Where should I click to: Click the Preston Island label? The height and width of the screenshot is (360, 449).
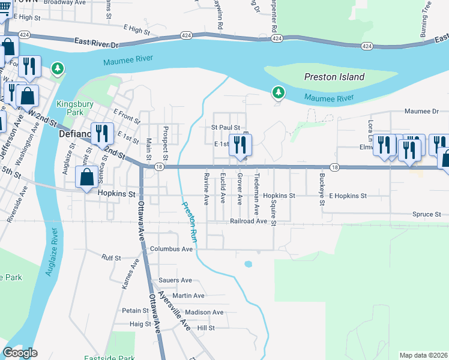pos(334,77)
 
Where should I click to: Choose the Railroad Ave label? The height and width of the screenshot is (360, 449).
pos(248,221)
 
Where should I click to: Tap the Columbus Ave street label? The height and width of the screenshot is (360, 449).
pos(171,249)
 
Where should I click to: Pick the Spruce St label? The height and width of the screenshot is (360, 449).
pos(426,214)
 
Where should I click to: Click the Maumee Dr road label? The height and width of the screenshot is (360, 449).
pos(421,111)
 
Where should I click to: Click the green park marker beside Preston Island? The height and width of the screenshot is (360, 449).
pos(277,92)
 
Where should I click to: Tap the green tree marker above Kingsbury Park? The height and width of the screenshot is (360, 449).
pos(58,70)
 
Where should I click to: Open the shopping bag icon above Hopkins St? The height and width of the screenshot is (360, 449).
pos(87,177)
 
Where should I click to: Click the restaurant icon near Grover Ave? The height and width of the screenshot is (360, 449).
pos(240,145)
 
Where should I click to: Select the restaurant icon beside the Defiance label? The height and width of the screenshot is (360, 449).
pos(102,133)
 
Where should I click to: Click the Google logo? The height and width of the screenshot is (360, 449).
pos(20,353)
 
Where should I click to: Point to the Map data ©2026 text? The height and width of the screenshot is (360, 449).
pos(423,355)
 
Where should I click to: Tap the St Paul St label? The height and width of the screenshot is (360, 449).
pos(225,128)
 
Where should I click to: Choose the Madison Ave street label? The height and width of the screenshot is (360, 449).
pos(204,312)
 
